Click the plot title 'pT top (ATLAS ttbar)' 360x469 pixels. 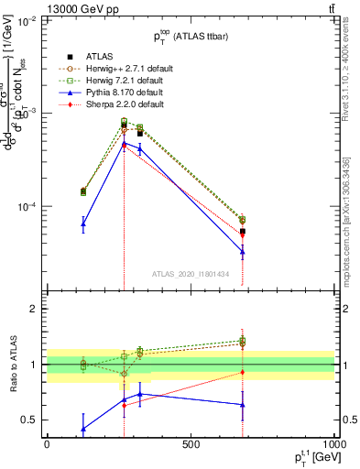click(x=191, y=37)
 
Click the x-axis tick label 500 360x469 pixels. click(x=191, y=444)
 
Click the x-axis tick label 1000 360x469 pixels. click(x=333, y=444)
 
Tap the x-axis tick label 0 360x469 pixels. click(x=47, y=444)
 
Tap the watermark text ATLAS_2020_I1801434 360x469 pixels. click(x=190, y=274)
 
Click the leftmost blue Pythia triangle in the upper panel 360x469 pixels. click(x=83, y=224)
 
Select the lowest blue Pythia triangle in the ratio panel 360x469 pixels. click(x=83, y=428)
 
